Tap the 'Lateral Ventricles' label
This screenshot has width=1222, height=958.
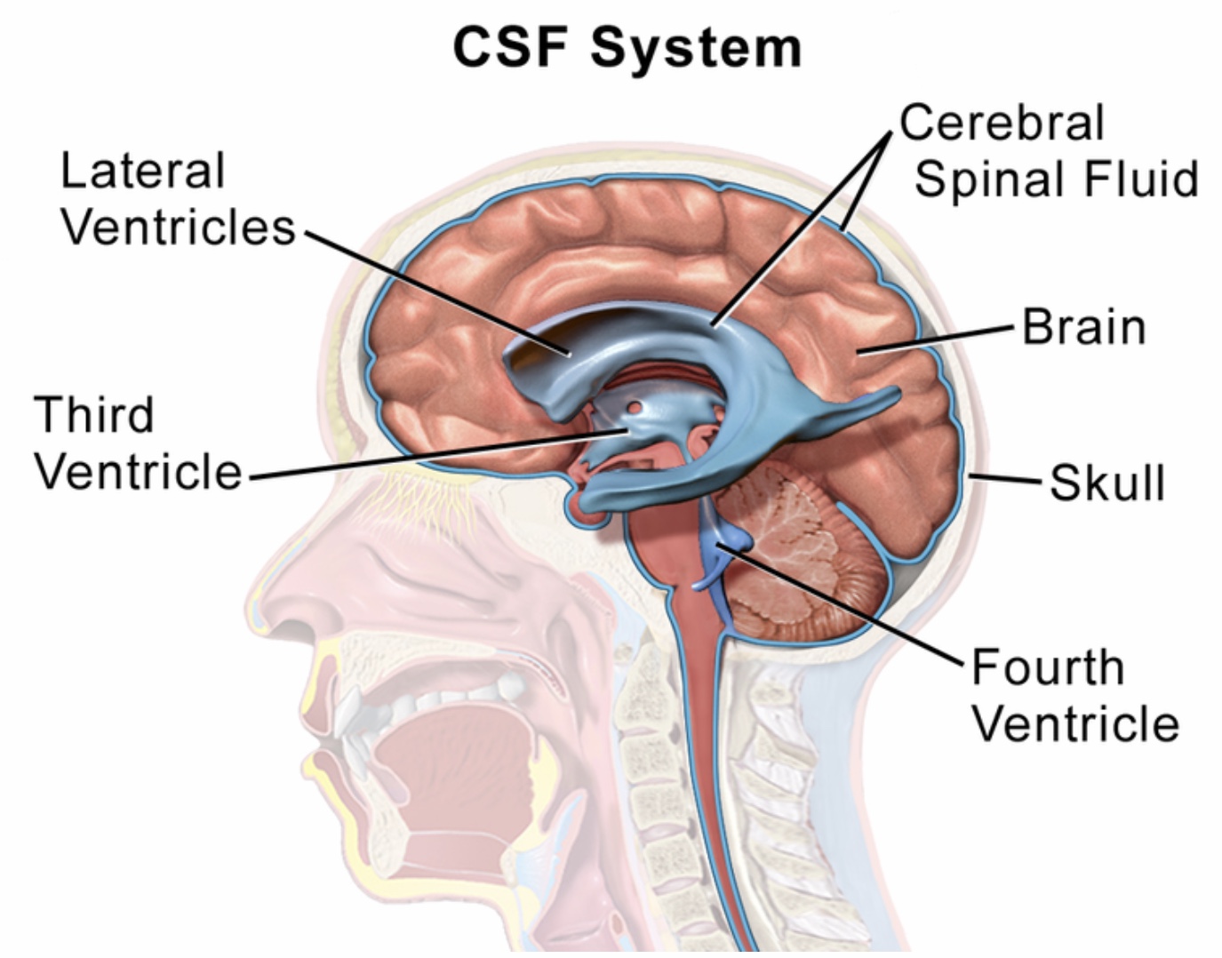pos(177,199)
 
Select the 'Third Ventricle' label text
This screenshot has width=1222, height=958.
pos(138,443)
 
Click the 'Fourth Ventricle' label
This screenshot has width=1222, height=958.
pos(1074,695)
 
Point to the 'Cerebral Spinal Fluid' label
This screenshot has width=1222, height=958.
pos(1049,151)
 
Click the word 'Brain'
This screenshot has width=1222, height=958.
pos(1083,326)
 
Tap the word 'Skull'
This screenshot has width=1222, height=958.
pos(1106,483)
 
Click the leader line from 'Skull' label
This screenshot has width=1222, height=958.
pos(1004,480)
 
